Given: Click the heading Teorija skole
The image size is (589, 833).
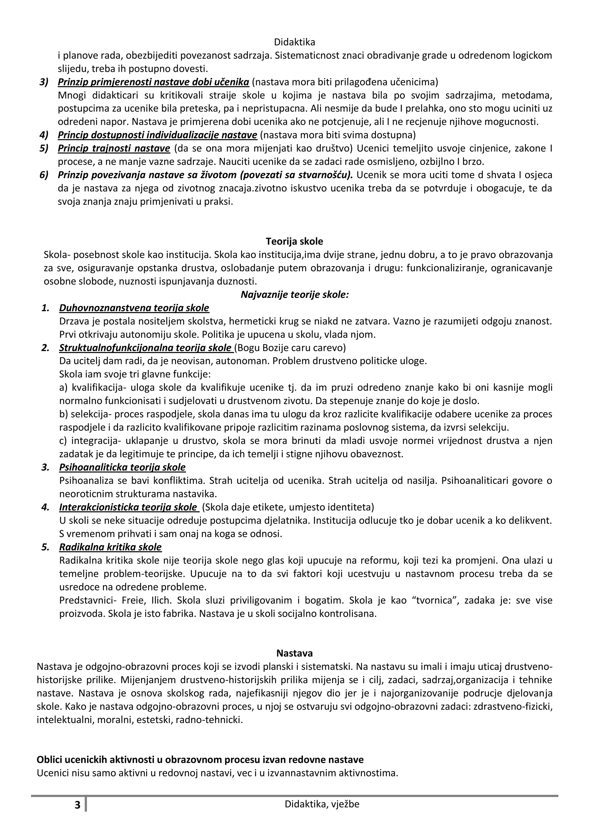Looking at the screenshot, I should point(294,241).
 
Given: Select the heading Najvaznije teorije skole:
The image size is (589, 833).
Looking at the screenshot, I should point(294,295).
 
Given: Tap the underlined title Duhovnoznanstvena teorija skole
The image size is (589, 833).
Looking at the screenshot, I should point(134,308).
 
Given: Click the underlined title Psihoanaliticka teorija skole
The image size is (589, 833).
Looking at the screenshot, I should point(122,467).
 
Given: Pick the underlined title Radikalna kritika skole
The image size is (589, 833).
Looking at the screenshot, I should point(110,547).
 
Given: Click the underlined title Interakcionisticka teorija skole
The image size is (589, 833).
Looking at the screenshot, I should point(128,507).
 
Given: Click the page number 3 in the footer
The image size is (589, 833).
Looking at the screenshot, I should point(77,805).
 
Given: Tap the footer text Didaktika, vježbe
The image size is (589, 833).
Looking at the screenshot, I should point(322,804).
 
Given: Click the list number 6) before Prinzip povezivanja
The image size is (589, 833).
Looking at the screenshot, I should point(44,175).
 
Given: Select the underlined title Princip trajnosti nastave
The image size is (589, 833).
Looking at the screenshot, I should point(114,148).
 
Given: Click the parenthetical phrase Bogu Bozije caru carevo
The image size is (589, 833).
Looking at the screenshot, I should point(290,348).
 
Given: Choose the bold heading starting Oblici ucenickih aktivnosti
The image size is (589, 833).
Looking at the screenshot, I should point(200,759).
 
